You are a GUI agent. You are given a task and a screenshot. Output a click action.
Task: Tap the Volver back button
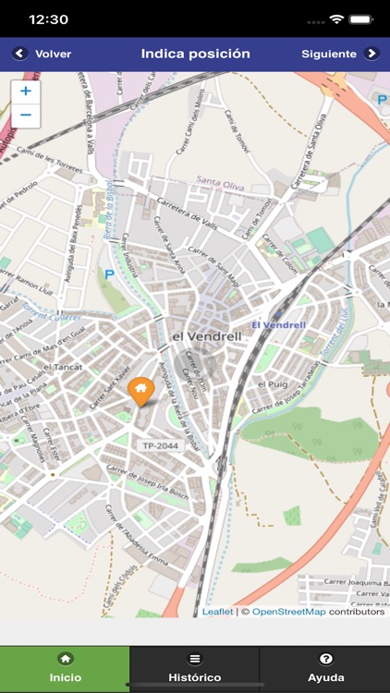pyautogui.click(x=43, y=54)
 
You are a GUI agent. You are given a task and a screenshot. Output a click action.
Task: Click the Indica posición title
pyautogui.click(x=195, y=54)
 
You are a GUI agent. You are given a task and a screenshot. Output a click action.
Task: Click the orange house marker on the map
pyautogui.click(x=140, y=391)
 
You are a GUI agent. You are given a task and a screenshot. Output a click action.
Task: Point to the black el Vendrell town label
pyautogui.click(x=206, y=336)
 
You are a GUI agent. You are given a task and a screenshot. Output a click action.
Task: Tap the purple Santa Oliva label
pyautogui.click(x=220, y=186)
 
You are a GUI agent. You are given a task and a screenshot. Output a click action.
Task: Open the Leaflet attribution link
pyautogui.click(x=218, y=612)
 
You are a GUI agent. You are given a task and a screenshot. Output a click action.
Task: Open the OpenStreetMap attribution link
pyautogui.click(x=288, y=612)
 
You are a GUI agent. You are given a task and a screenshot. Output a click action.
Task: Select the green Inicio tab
pyautogui.click(x=65, y=668)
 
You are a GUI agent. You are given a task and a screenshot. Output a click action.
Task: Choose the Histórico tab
pyautogui.click(x=195, y=668)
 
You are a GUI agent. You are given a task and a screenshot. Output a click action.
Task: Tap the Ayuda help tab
pyautogui.click(x=325, y=668)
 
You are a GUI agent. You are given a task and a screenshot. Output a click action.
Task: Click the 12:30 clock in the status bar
pyautogui.click(x=49, y=18)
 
